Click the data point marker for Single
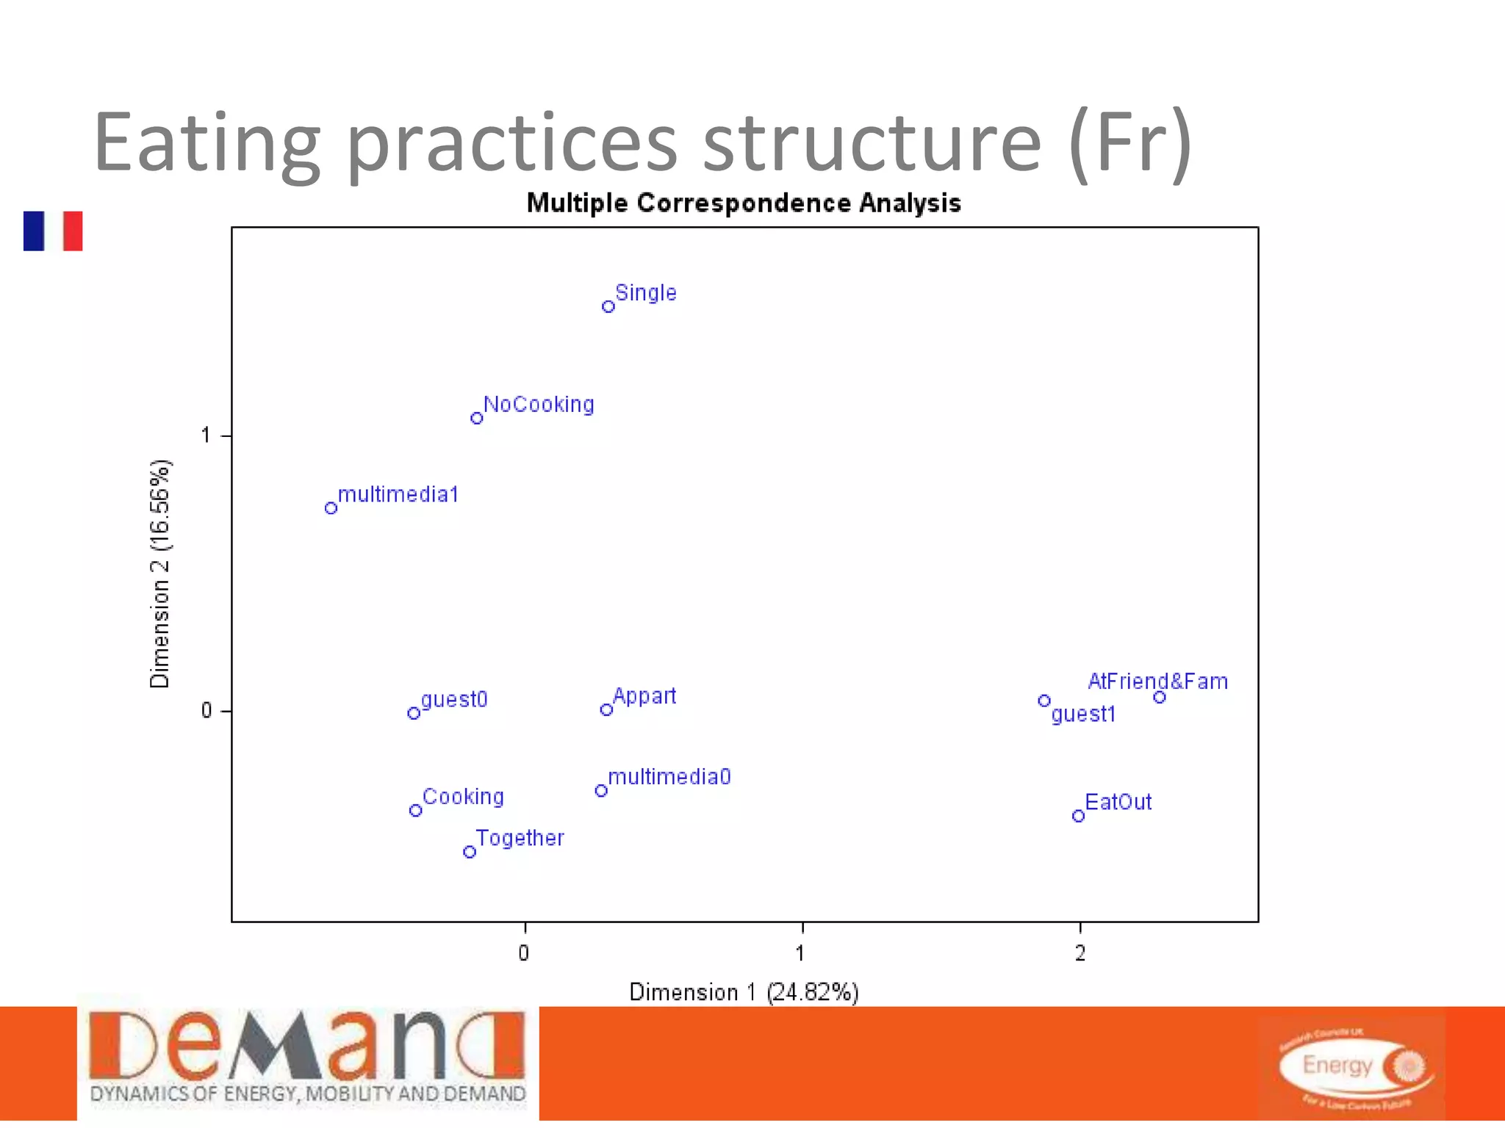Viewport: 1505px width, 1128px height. [608, 306]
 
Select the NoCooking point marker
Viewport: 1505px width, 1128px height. [477, 418]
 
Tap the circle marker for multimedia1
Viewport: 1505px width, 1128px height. [331, 507]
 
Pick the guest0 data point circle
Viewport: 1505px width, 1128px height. [414, 713]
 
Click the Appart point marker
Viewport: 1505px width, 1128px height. [606, 709]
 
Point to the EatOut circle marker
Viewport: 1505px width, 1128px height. [1078, 816]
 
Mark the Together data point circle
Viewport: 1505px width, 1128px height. [470, 852]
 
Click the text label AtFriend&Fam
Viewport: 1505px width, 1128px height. [1157, 681]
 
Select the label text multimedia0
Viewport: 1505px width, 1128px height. [669, 777]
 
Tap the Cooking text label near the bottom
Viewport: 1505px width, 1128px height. [463, 797]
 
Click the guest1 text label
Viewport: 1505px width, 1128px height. [1083, 715]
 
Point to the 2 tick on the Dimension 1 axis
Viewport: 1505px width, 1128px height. [1080, 953]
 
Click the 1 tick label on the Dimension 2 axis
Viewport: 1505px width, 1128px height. [206, 435]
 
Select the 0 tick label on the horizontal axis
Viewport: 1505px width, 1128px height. [523, 953]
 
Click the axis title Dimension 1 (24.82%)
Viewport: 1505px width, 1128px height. [744, 992]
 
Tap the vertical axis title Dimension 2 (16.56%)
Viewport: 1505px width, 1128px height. [159, 574]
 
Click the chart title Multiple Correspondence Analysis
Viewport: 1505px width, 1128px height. [744, 203]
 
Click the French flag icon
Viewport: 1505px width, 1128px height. [53, 231]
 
